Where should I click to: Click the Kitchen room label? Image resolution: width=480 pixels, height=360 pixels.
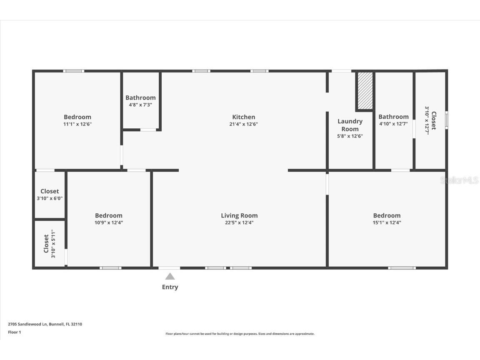243,117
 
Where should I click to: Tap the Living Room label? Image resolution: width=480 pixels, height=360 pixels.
239,215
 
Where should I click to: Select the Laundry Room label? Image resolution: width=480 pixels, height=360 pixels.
350,125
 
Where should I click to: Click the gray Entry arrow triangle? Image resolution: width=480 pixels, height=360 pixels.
170,276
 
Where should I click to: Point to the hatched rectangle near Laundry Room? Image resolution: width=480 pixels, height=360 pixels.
365,91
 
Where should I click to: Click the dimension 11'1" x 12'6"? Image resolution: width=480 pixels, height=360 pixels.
77,124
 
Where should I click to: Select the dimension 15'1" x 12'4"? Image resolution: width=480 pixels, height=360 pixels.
387,222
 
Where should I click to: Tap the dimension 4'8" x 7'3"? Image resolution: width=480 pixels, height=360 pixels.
140,105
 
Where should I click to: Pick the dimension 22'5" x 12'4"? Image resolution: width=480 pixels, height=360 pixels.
239,222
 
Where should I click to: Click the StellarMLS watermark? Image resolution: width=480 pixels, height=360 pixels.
459,180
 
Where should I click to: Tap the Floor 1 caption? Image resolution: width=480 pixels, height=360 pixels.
14,332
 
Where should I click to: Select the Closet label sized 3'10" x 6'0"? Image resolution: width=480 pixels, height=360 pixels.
50,191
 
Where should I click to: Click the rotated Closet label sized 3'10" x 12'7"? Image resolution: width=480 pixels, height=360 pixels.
434,120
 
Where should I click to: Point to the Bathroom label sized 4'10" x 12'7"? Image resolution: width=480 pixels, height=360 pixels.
393,117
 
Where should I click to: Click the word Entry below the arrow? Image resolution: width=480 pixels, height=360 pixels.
170,287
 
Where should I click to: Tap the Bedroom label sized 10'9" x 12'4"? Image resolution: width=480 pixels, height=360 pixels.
109,215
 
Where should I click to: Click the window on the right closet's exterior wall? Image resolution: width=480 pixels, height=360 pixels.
446,120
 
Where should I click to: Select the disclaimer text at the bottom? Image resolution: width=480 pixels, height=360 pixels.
240,334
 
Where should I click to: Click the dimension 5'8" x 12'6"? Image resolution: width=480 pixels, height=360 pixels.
350,136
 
